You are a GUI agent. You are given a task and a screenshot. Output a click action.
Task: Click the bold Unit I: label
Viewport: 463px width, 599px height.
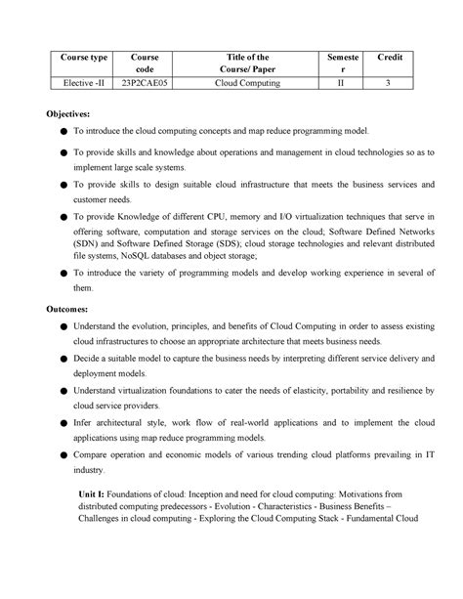[x=96, y=492]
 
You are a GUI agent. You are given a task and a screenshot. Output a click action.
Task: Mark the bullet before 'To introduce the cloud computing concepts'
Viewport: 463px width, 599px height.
[x=63, y=131]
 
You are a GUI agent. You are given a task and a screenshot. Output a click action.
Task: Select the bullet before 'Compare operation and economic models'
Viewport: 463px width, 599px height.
[x=63, y=455]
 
